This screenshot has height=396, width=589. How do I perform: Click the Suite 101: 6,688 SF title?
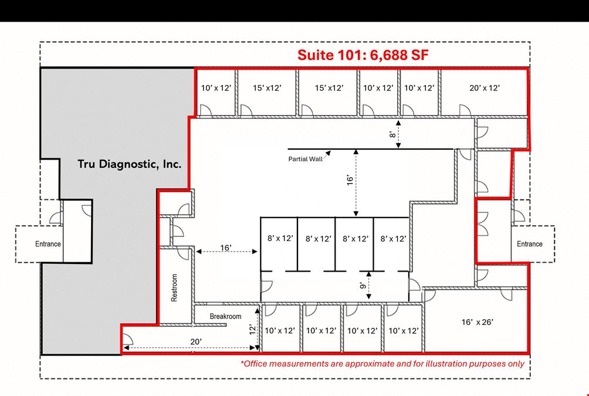363,55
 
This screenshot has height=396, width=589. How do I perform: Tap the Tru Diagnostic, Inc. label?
130,164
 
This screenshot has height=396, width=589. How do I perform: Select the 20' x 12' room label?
484,88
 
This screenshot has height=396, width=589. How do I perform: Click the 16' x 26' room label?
477,322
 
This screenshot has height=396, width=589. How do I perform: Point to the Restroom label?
174,287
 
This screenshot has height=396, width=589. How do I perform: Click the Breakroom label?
225,316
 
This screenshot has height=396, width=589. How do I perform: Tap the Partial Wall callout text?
305,159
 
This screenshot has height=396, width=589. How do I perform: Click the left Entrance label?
48,244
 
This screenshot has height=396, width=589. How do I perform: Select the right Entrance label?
530,244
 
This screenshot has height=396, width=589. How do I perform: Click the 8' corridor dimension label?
392,134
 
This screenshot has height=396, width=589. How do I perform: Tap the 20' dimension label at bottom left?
196,341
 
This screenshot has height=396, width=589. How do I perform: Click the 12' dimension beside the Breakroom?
252,330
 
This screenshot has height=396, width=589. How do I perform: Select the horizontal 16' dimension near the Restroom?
226,248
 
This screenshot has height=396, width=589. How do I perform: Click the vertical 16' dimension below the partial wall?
350,180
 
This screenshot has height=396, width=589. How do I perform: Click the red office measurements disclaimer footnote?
382,364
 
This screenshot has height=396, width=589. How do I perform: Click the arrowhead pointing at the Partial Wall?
328,153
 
